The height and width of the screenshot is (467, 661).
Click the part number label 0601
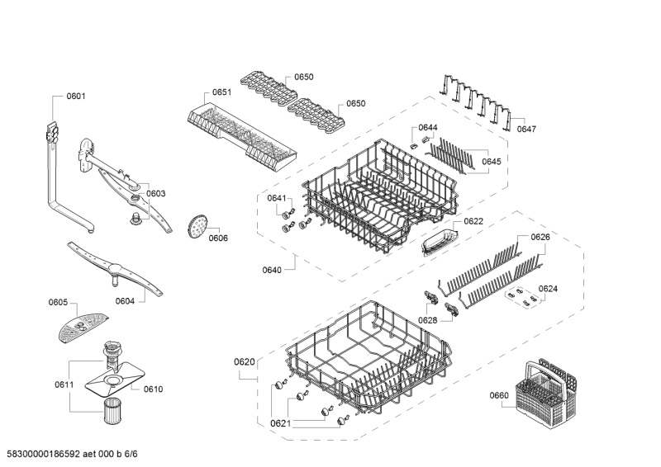click(76, 97)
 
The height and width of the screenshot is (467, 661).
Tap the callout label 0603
click(156, 194)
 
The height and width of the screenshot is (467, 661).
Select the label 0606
click(218, 238)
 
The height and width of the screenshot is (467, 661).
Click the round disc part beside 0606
click(197, 224)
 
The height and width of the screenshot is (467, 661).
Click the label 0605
click(58, 304)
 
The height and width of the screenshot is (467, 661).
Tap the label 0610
click(154, 389)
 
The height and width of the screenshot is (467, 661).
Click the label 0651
click(221, 92)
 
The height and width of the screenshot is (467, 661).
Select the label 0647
click(526, 130)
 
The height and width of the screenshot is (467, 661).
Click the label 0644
click(428, 127)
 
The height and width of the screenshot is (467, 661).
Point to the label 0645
click(491, 162)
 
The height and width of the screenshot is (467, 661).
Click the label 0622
click(473, 221)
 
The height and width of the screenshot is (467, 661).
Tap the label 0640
click(272, 270)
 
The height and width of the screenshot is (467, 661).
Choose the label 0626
click(540, 238)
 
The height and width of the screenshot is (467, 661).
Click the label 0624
click(548, 289)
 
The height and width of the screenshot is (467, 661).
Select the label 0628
click(427, 320)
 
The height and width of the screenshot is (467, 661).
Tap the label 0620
click(245, 361)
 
